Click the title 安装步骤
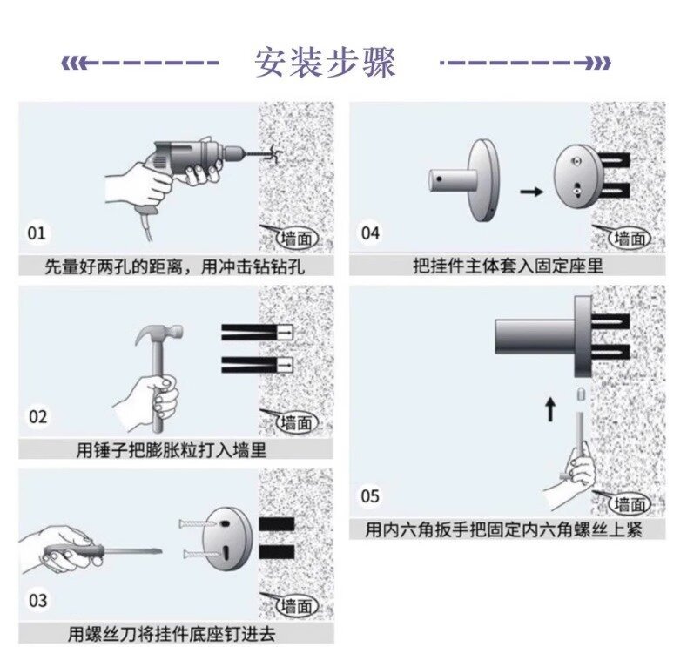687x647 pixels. pyautogui.click(x=325, y=63)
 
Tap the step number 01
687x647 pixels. pyautogui.click(x=37, y=233)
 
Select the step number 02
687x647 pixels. pyautogui.click(x=37, y=416)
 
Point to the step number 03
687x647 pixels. pyautogui.click(x=37, y=600)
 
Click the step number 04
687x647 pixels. pyautogui.click(x=370, y=233)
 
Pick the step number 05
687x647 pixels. pyautogui.click(x=370, y=496)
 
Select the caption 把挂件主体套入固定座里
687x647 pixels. pyautogui.click(x=507, y=265)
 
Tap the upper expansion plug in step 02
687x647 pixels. pyautogui.click(x=257, y=333)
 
